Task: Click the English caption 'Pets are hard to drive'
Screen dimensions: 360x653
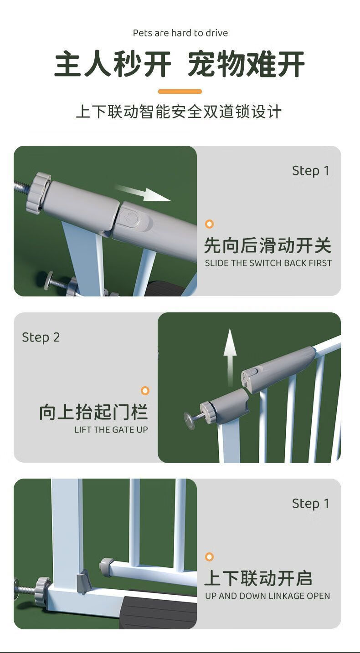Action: click(x=180, y=33)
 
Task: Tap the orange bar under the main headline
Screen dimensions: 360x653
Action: click(x=180, y=92)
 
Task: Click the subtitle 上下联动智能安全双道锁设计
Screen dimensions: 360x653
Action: click(x=179, y=112)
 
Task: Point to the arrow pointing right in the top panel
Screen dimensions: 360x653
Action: click(x=143, y=193)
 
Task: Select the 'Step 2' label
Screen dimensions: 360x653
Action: click(x=41, y=338)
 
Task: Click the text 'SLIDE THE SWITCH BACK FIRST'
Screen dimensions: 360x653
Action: click(x=268, y=263)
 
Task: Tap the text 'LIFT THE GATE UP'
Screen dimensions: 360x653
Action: click(x=111, y=429)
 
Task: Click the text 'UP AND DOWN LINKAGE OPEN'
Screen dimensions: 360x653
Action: click(x=267, y=596)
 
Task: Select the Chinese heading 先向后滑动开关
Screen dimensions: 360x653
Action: click(x=267, y=245)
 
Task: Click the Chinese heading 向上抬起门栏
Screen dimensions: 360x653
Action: click(x=94, y=412)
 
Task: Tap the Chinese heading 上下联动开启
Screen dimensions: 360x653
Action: click(x=258, y=578)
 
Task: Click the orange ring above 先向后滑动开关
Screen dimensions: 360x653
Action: click(x=209, y=224)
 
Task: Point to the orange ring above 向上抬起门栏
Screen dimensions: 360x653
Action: click(x=145, y=391)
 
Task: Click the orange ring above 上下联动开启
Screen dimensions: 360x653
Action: click(x=209, y=557)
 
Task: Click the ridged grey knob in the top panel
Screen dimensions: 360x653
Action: click(x=37, y=193)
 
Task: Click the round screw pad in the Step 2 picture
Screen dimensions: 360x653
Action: click(x=190, y=420)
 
